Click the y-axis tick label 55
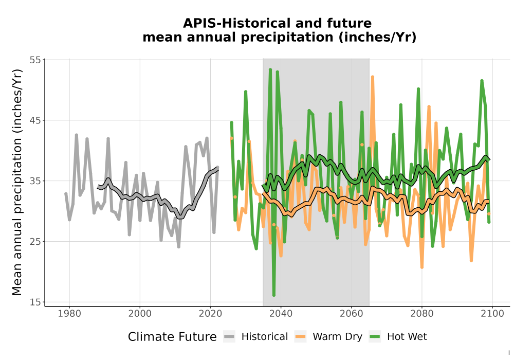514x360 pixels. point(35,60)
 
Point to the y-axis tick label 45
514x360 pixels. point(35,120)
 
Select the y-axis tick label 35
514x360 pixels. point(35,181)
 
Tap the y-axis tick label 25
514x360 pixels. point(35,242)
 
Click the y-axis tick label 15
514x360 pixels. point(35,302)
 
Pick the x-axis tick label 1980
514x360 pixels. point(69,314)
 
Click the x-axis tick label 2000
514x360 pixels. point(140,314)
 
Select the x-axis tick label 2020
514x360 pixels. point(210,314)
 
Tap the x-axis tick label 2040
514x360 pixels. point(281,314)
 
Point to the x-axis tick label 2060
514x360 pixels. point(352,314)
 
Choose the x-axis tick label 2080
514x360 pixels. point(422,314)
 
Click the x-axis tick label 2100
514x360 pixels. point(492,314)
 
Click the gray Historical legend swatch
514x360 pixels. point(229,336)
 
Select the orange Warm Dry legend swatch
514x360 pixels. point(300,336)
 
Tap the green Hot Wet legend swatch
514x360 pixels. point(375,336)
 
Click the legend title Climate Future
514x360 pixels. point(172,337)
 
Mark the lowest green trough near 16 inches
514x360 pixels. point(274,295)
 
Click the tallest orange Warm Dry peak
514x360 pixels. point(372,77)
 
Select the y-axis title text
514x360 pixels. point(17,182)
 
